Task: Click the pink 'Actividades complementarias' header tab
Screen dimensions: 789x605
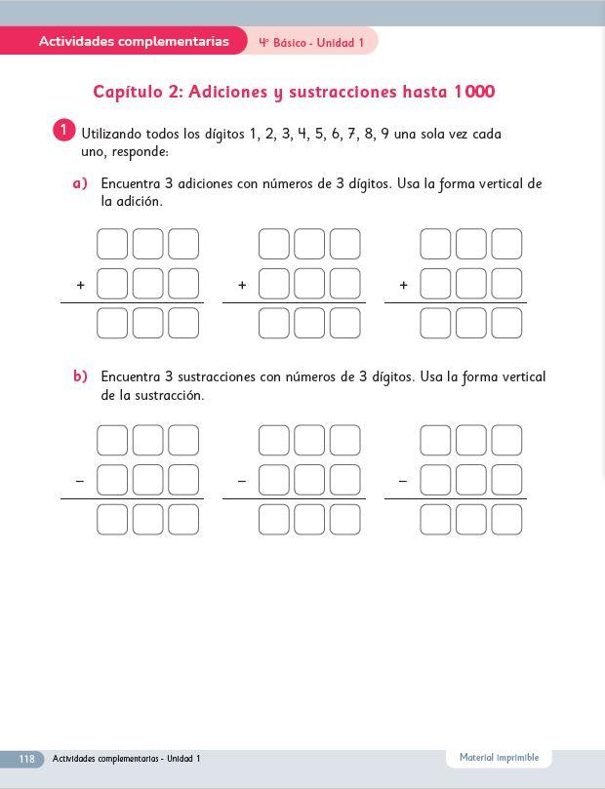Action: (x=134, y=41)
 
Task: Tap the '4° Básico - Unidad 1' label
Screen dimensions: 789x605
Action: (x=311, y=43)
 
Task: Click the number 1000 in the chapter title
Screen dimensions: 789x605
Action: (x=473, y=92)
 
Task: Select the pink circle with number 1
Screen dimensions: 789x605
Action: (x=62, y=130)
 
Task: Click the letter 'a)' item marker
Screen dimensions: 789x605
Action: (x=80, y=183)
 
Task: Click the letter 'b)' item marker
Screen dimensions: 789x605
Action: (x=80, y=376)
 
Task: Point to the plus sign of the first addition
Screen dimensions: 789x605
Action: (x=80, y=285)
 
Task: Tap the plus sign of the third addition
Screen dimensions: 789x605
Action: (x=403, y=285)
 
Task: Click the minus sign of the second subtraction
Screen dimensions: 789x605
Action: (x=241, y=481)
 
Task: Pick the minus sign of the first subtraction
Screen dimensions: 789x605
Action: (x=80, y=481)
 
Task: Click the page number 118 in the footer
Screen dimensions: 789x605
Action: (x=26, y=759)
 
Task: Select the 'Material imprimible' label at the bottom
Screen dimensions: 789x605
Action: (x=499, y=757)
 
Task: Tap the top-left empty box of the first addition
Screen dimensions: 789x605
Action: (x=112, y=244)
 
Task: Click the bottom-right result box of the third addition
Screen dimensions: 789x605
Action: (x=506, y=323)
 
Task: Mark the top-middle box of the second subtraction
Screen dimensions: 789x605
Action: (x=309, y=441)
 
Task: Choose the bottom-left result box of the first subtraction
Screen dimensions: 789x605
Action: (x=112, y=520)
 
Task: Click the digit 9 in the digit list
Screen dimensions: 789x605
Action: (x=385, y=134)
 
